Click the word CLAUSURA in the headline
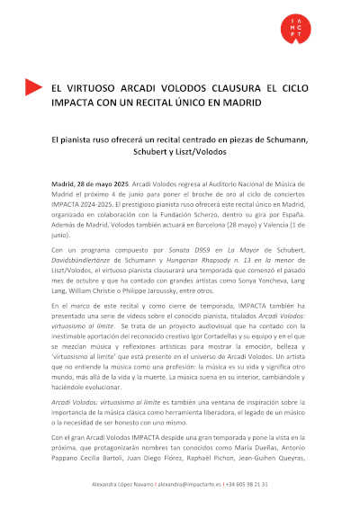click(225, 88)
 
